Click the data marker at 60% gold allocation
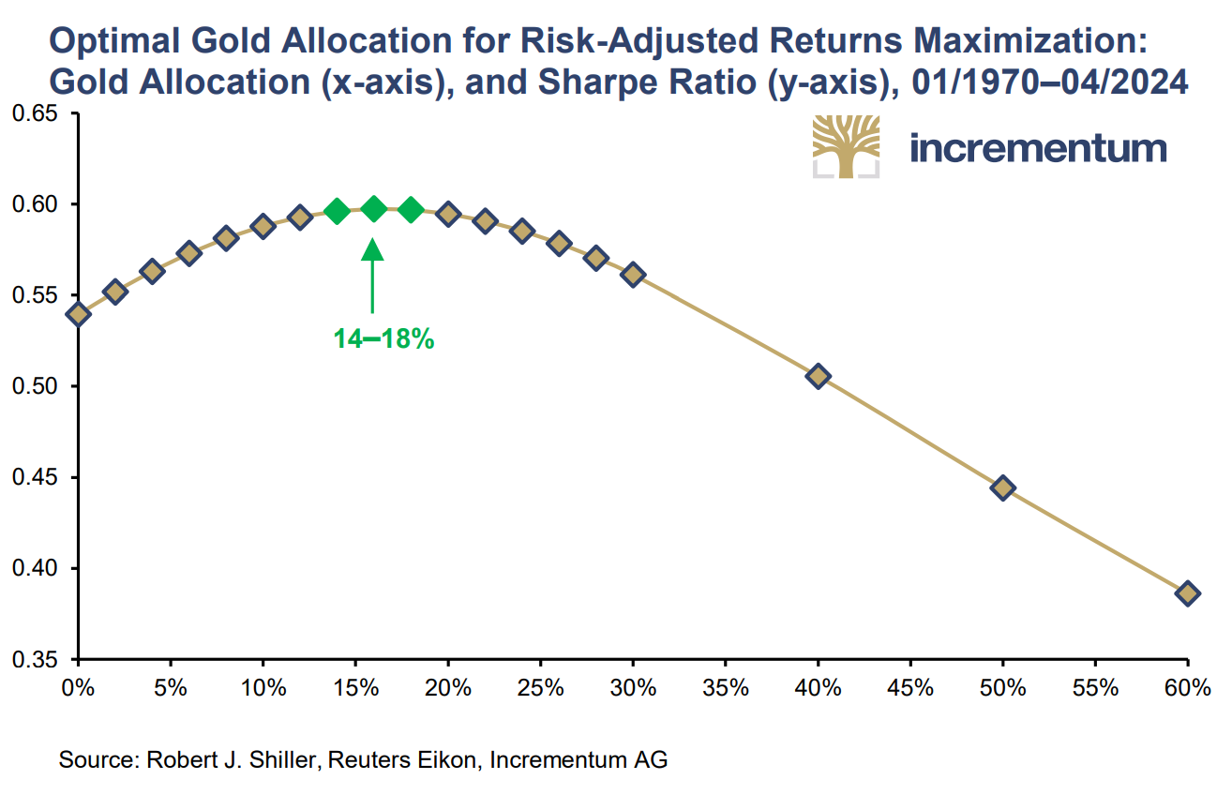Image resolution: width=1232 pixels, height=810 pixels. pos(1187,592)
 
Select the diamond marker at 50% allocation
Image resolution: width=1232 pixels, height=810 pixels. pos(1002,487)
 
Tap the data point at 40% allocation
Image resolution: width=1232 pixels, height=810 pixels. pos(818,376)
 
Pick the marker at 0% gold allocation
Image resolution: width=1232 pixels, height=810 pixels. pos(79,314)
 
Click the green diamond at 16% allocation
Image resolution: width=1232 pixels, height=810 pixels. pos(373,209)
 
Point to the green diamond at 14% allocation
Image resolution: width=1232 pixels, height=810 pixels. pos(337,211)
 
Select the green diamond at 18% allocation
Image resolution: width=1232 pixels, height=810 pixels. pos(411,210)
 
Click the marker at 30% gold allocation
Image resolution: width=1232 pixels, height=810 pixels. pos(633,275)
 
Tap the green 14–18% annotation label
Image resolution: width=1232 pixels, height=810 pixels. pos(383,339)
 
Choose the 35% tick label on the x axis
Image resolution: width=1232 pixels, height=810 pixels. pos(726,688)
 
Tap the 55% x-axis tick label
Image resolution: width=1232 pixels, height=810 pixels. pos(1094,688)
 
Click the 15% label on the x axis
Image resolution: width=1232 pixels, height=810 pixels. pos(355,688)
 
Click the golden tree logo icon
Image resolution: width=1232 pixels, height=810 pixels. pos(846,146)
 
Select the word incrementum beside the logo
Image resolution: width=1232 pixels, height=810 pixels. pos(1038,148)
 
